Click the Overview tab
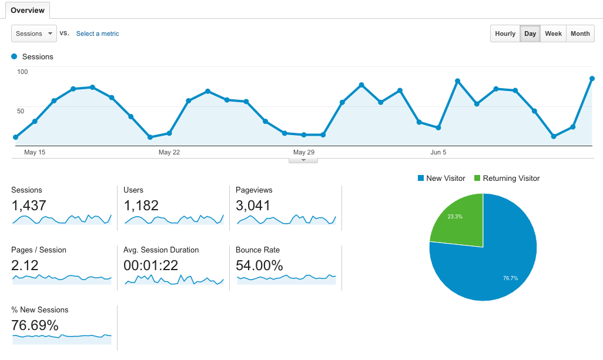coord(27,11)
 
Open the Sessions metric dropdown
coord(33,33)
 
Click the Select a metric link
coord(98,33)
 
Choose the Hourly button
coord(505,33)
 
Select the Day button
coord(530,33)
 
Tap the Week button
coord(553,33)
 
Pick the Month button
coord(580,33)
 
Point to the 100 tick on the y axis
coord(22,72)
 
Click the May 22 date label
coord(169,152)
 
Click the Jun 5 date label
coord(438,152)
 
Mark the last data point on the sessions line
coord(592,78)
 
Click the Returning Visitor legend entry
coord(507,178)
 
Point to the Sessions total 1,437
coord(29,206)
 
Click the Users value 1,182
coord(141,206)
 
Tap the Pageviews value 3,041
coord(253,206)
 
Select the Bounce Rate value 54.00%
coord(259,265)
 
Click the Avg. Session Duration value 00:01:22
coord(151,265)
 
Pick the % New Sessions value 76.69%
coord(35,325)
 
